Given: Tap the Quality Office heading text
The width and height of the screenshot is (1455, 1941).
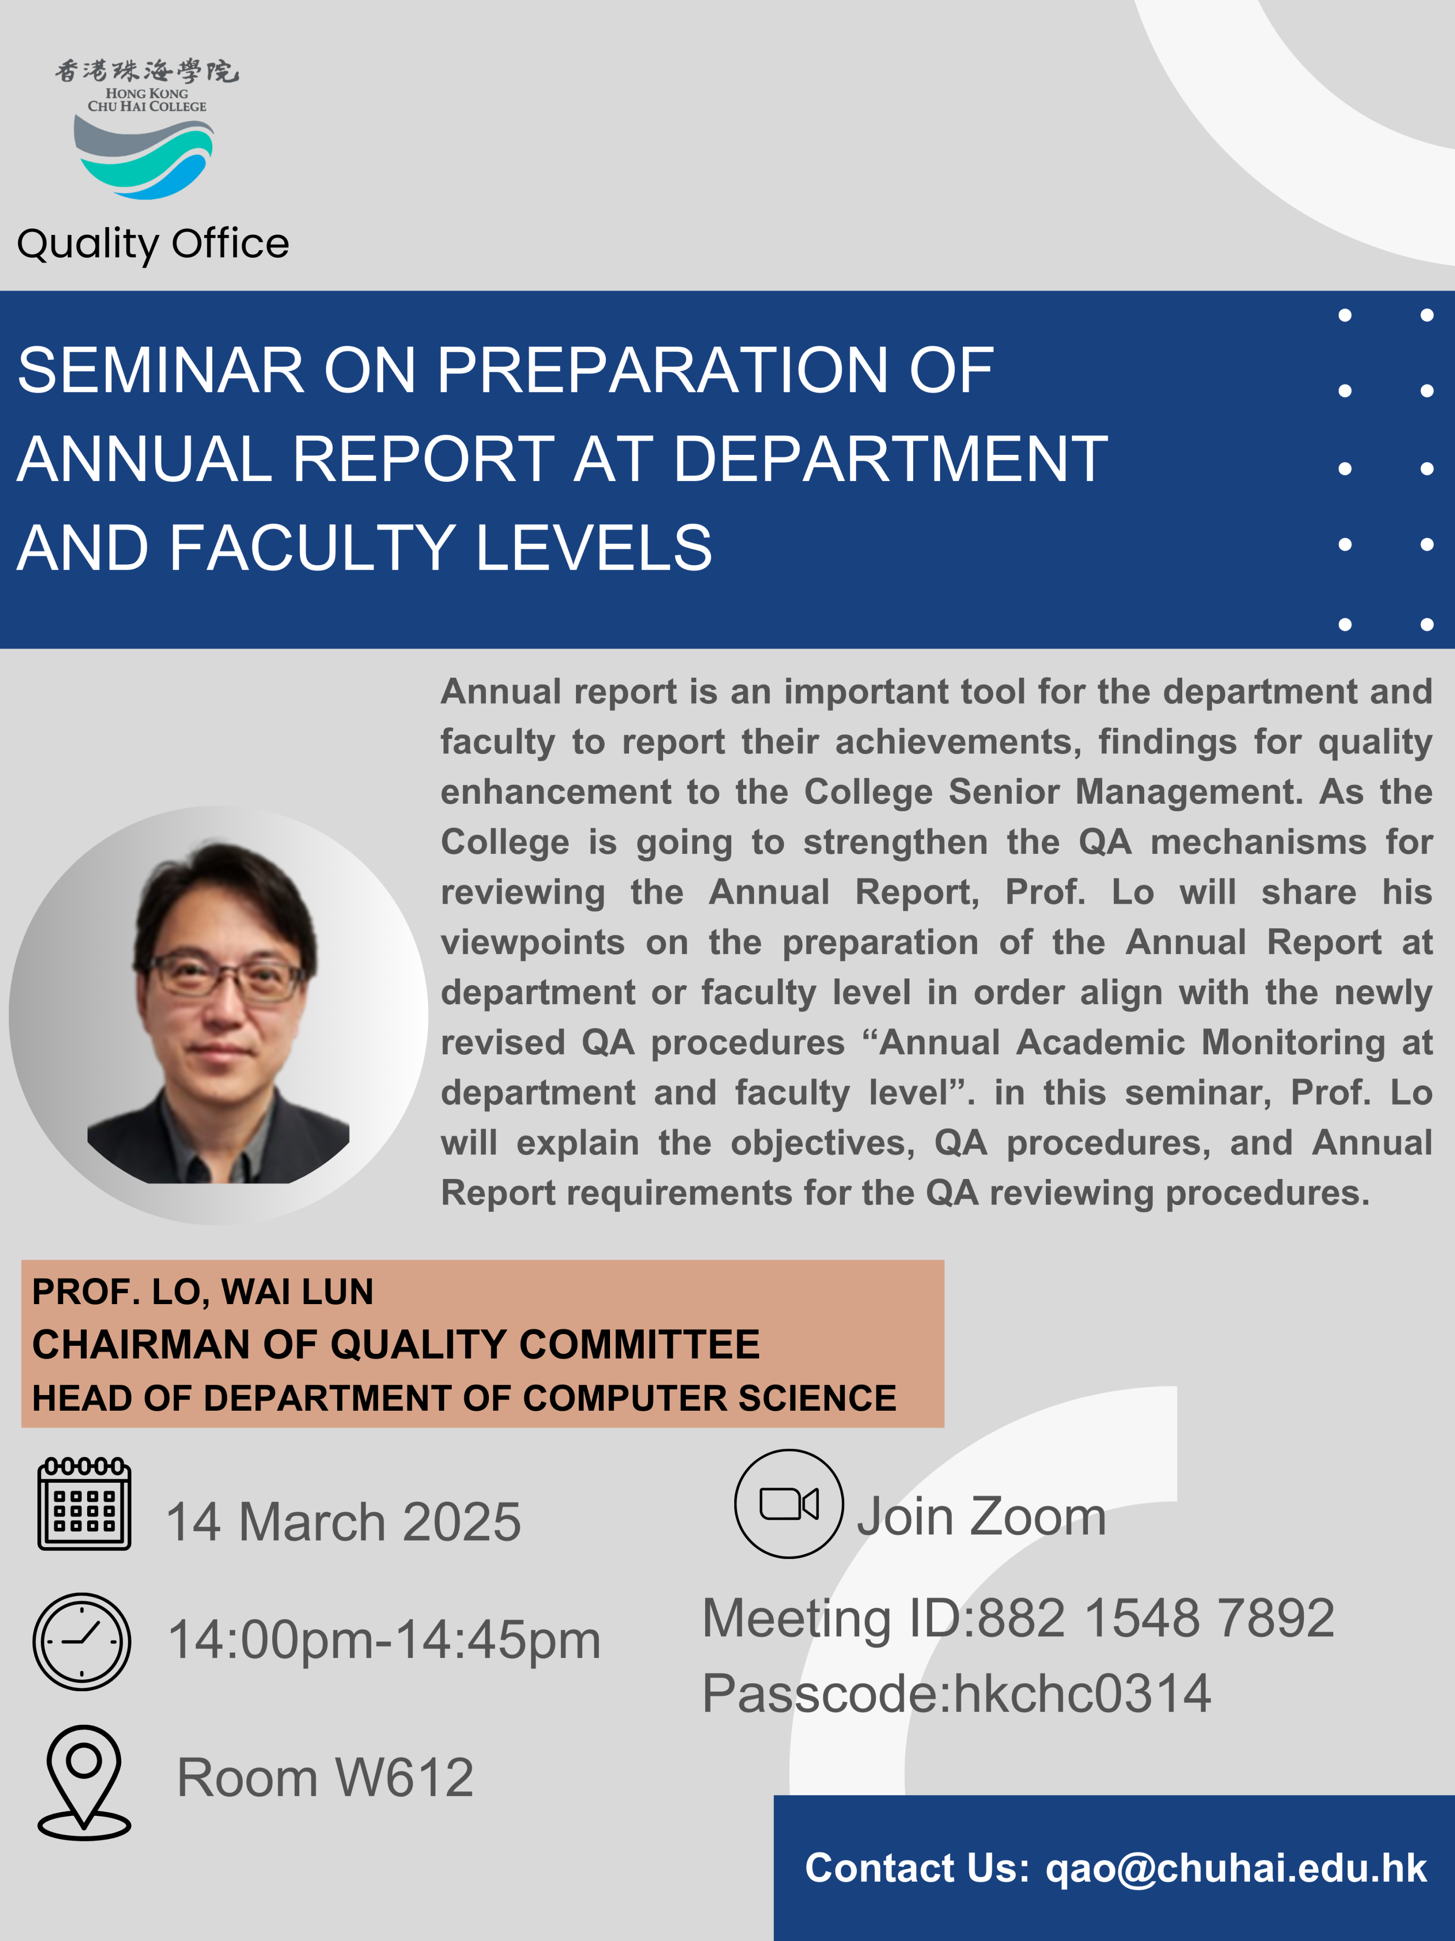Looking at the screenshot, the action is pyautogui.click(x=153, y=244).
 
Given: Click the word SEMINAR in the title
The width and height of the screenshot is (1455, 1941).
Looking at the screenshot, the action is pyautogui.click(x=161, y=370).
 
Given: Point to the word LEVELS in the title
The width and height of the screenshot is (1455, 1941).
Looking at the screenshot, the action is pyautogui.click(x=594, y=548).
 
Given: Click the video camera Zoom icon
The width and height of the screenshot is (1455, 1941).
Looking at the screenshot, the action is pyautogui.click(x=790, y=1503).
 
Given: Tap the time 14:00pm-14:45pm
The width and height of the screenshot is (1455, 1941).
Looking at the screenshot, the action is pyautogui.click(x=384, y=1641).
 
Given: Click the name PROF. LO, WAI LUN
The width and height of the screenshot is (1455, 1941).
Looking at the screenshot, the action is pyautogui.click(x=203, y=1292).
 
